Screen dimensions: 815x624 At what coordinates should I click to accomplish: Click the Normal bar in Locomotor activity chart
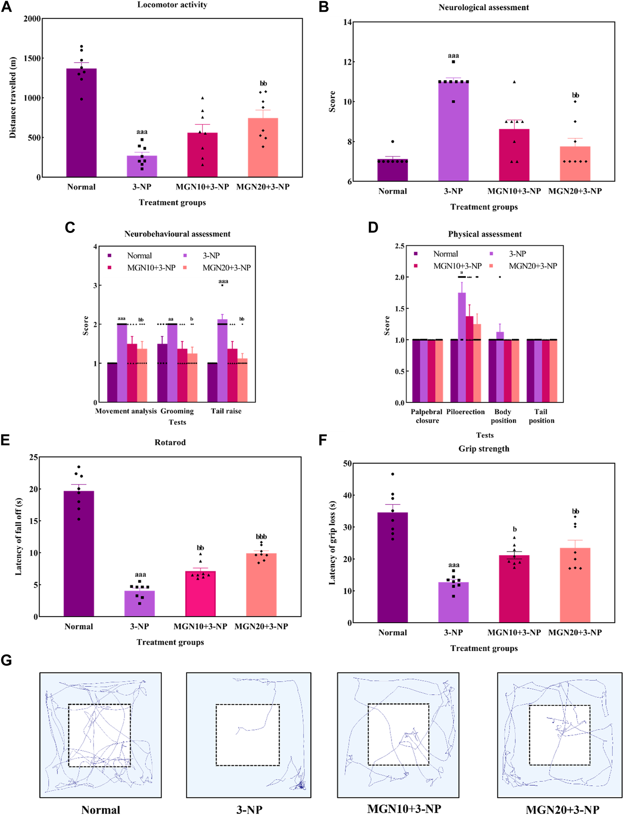click(81, 123)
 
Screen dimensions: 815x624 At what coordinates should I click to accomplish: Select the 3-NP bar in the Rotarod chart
click(139, 603)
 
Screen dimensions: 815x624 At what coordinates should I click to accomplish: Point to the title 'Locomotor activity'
click(172, 5)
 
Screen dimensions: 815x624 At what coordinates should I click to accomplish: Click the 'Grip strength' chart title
click(484, 449)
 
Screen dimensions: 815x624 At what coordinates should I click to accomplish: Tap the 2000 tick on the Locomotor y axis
click(32, 19)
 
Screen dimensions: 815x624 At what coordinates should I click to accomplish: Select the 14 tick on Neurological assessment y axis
click(348, 22)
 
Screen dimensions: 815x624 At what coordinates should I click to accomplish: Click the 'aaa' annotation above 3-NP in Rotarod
click(140, 574)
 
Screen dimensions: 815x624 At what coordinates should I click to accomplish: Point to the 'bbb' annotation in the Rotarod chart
click(261, 536)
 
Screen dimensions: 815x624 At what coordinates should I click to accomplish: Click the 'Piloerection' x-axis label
click(465, 412)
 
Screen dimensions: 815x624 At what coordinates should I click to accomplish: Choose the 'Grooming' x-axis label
click(177, 411)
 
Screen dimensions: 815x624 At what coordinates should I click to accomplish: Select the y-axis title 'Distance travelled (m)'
click(13, 98)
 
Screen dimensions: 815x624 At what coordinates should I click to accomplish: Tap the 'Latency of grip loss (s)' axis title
click(332, 542)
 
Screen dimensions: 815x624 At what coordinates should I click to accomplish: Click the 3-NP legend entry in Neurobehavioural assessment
click(210, 256)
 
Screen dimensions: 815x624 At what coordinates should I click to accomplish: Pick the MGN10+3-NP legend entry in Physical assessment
click(457, 266)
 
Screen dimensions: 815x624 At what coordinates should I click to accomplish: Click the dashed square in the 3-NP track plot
click(248, 735)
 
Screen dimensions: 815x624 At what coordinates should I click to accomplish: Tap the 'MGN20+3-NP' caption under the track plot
click(562, 809)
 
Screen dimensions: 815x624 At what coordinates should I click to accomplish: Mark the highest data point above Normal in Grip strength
click(393, 474)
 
